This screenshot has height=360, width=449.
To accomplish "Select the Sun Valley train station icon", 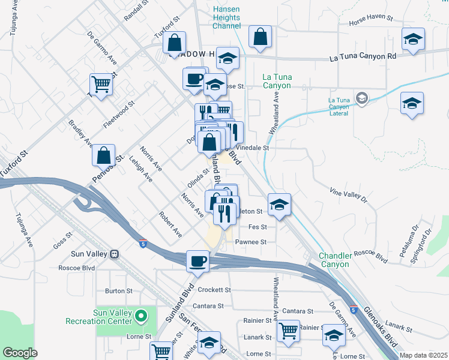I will click(114, 254).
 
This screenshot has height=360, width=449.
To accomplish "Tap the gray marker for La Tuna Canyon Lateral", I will click(362, 98).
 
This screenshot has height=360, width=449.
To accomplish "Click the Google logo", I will click(20, 353).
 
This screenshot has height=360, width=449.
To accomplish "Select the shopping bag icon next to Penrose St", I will click(104, 155).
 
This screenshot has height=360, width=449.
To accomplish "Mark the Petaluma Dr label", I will click(414, 236).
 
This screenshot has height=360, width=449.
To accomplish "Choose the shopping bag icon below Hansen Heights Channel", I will click(261, 38).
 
